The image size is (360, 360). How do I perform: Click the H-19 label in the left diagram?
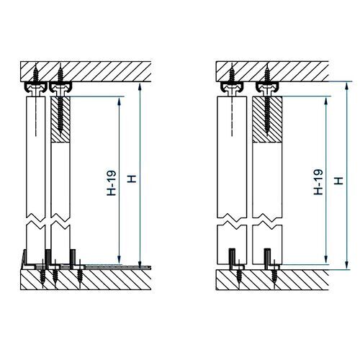[x=112, y=183]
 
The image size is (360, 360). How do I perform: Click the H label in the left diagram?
[x=132, y=179]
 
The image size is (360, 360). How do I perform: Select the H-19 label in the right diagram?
[x=318, y=182]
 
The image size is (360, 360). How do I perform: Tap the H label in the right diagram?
[x=338, y=181]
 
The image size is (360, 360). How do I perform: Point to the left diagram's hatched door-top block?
[x=60, y=120]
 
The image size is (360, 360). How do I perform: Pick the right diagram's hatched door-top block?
[x=267, y=120]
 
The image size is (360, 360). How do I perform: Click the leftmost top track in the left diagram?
[x=36, y=88]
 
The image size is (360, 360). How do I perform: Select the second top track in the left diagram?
[x=60, y=88]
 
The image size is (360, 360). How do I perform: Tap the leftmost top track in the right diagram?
[x=232, y=88]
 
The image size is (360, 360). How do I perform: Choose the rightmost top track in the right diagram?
[x=267, y=88]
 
